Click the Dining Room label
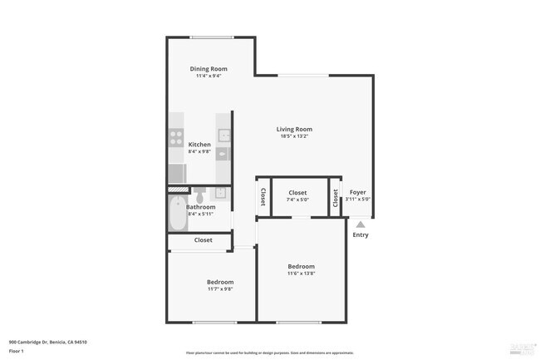tap(209, 69)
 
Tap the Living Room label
tap(294, 129)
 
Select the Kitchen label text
tap(199, 145)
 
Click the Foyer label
tap(358, 192)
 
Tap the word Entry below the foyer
tap(361, 234)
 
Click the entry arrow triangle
tap(360, 223)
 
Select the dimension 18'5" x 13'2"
tap(294, 136)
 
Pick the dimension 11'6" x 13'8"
tap(301, 274)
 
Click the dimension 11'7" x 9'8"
tap(220, 289)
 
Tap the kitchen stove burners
tap(176, 137)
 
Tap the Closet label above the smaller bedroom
tap(204, 240)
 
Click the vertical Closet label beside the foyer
tap(336, 198)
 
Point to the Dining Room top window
tap(211, 37)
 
